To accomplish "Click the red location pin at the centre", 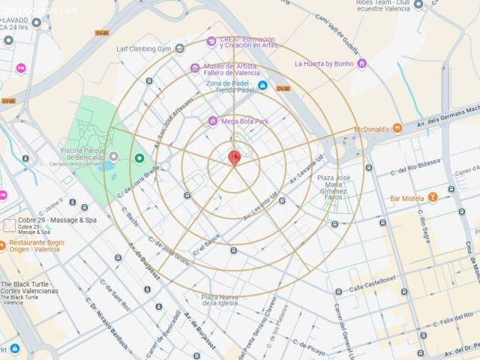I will click(x=234, y=157).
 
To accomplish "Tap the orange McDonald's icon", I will click(x=397, y=129).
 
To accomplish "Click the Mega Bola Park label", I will click(x=244, y=121).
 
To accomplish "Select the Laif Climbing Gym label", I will click(x=145, y=49).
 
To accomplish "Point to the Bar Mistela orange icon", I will click(x=432, y=198).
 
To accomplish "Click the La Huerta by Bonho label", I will click(x=324, y=64).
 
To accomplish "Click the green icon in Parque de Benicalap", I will click(x=139, y=157).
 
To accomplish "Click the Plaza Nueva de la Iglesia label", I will click(x=219, y=300).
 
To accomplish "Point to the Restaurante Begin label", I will click(x=37, y=246).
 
